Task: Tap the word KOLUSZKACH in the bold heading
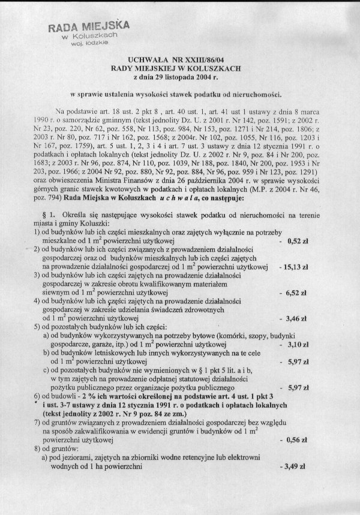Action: [217, 69]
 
